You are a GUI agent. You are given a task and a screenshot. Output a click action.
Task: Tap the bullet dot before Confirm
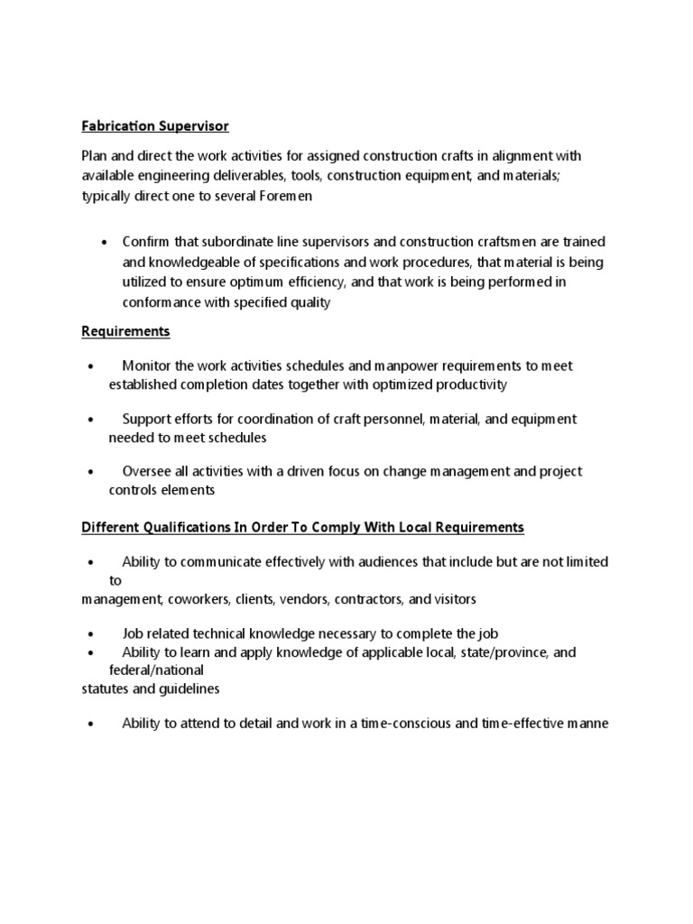(x=106, y=243)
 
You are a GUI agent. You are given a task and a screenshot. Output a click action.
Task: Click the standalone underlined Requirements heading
(x=125, y=331)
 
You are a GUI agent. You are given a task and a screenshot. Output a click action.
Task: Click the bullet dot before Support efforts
(x=91, y=420)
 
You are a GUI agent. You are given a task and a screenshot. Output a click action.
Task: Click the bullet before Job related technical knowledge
(x=91, y=633)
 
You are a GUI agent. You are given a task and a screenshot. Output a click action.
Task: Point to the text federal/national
(x=156, y=670)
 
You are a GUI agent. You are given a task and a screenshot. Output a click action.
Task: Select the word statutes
(x=105, y=688)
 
